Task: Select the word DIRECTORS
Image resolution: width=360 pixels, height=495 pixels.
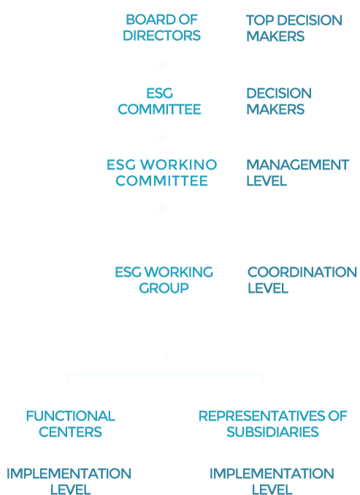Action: pos(161,35)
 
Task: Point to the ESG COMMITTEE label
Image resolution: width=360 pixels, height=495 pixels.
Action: pos(159,101)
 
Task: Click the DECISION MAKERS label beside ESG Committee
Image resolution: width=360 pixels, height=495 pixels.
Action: pos(279,101)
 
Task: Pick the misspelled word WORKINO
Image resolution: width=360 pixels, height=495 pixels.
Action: pos(178,164)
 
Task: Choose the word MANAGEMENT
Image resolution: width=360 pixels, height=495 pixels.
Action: pos(297,165)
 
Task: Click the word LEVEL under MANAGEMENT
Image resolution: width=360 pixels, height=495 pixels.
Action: pos(267,181)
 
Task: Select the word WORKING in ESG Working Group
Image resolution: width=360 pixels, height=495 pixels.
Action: pos(180,272)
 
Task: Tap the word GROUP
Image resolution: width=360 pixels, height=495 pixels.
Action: pos(164,288)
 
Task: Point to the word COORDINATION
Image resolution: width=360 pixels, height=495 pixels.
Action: pos(302,272)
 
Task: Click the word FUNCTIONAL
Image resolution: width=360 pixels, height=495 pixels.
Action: pos(70,416)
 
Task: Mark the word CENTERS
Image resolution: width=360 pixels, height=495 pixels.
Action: pos(70,432)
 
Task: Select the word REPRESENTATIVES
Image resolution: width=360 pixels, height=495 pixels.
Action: pos(261,416)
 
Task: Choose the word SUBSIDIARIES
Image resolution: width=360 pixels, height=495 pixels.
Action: pos(272,432)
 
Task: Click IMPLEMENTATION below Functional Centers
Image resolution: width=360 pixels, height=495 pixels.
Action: pos(69,474)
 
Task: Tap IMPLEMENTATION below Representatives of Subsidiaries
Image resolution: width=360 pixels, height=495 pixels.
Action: pos(272,474)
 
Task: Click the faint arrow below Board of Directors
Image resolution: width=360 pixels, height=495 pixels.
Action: pos(161,65)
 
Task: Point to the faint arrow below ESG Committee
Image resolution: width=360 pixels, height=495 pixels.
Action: pos(161,137)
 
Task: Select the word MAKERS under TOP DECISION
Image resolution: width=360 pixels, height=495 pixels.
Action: pos(275,37)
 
